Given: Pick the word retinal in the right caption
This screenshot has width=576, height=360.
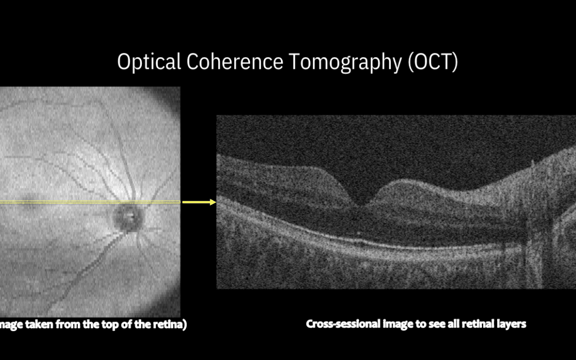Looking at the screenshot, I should (x=479, y=324).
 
